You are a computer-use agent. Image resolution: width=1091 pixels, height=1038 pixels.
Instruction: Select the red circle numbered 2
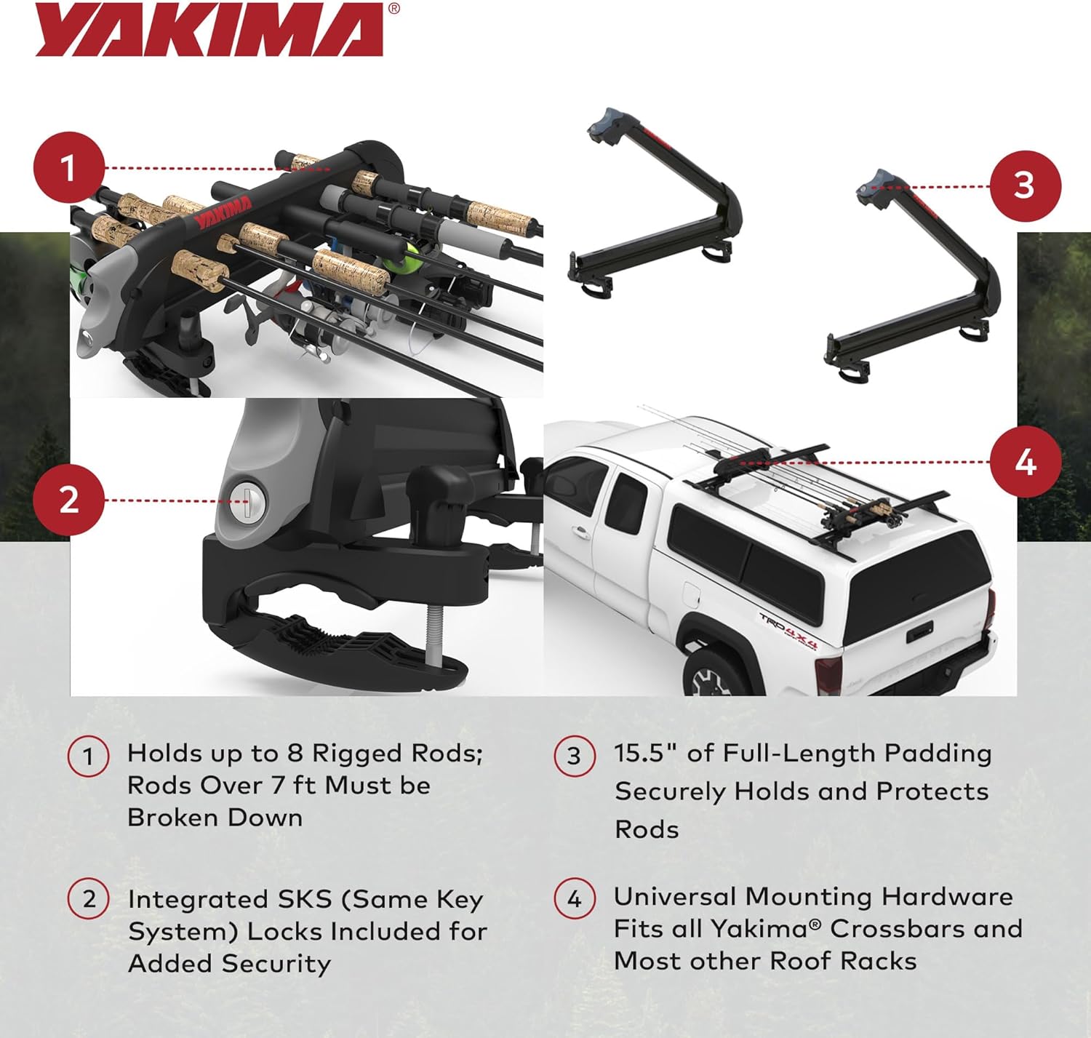pyautogui.click(x=68, y=500)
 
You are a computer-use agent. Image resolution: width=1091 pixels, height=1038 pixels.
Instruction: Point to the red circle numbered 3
pyautogui.click(x=1025, y=185)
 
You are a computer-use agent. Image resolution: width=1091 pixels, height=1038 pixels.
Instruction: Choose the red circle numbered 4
pyautogui.click(x=1025, y=462)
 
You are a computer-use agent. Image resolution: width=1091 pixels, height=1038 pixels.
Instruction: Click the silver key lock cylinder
pyautogui.click(x=247, y=500)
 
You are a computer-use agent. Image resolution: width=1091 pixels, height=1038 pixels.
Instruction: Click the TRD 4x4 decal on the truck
pyautogui.click(x=789, y=630)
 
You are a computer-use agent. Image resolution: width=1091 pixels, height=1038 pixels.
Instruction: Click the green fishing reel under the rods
pyautogui.click(x=399, y=259)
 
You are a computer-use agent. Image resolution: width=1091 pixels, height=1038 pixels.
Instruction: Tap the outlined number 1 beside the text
pyautogui.click(x=89, y=756)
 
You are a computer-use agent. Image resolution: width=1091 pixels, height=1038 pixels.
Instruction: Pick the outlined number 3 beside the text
pyautogui.click(x=575, y=756)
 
